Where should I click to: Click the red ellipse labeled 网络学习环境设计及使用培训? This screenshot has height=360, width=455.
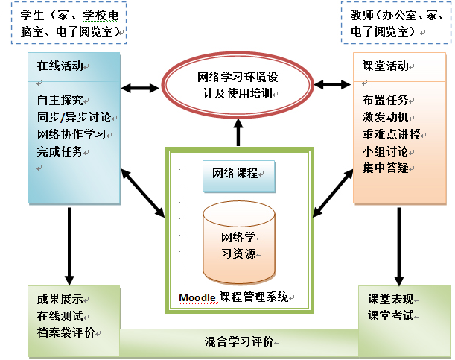pos(238,85)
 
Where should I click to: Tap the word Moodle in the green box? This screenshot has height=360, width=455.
pos(197,297)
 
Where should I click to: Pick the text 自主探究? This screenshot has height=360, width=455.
pos(60,100)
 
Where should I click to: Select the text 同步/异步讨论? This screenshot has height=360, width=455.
pos(73,117)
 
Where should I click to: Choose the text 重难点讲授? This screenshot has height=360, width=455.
pos(391,135)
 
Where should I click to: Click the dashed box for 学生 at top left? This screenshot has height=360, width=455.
pos(68,22)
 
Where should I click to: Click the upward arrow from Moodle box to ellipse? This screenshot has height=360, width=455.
pos(238,133)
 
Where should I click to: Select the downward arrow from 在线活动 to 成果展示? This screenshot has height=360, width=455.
pos(69,243)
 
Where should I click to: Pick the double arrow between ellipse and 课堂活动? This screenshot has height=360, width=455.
pos(332,87)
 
